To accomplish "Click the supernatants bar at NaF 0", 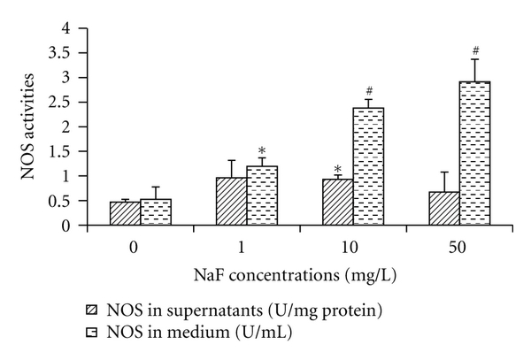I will point(125,214).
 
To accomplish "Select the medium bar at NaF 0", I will point(155,212).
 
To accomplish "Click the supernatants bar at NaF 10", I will point(338,203).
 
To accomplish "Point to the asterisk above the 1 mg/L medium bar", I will point(262,150).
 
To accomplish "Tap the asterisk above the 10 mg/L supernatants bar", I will point(338,169).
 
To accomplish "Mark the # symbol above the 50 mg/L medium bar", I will point(476,50).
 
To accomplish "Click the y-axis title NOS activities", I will point(34,127).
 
